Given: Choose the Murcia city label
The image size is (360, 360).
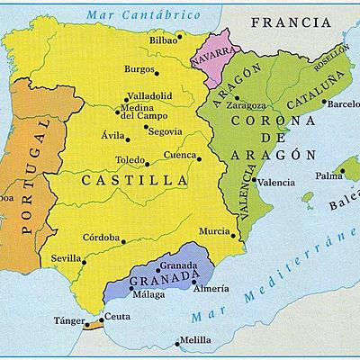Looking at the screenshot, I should point(213,231).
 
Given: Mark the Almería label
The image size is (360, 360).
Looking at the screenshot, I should point(211,289).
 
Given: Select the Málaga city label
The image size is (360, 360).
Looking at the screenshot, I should point(148,294).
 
